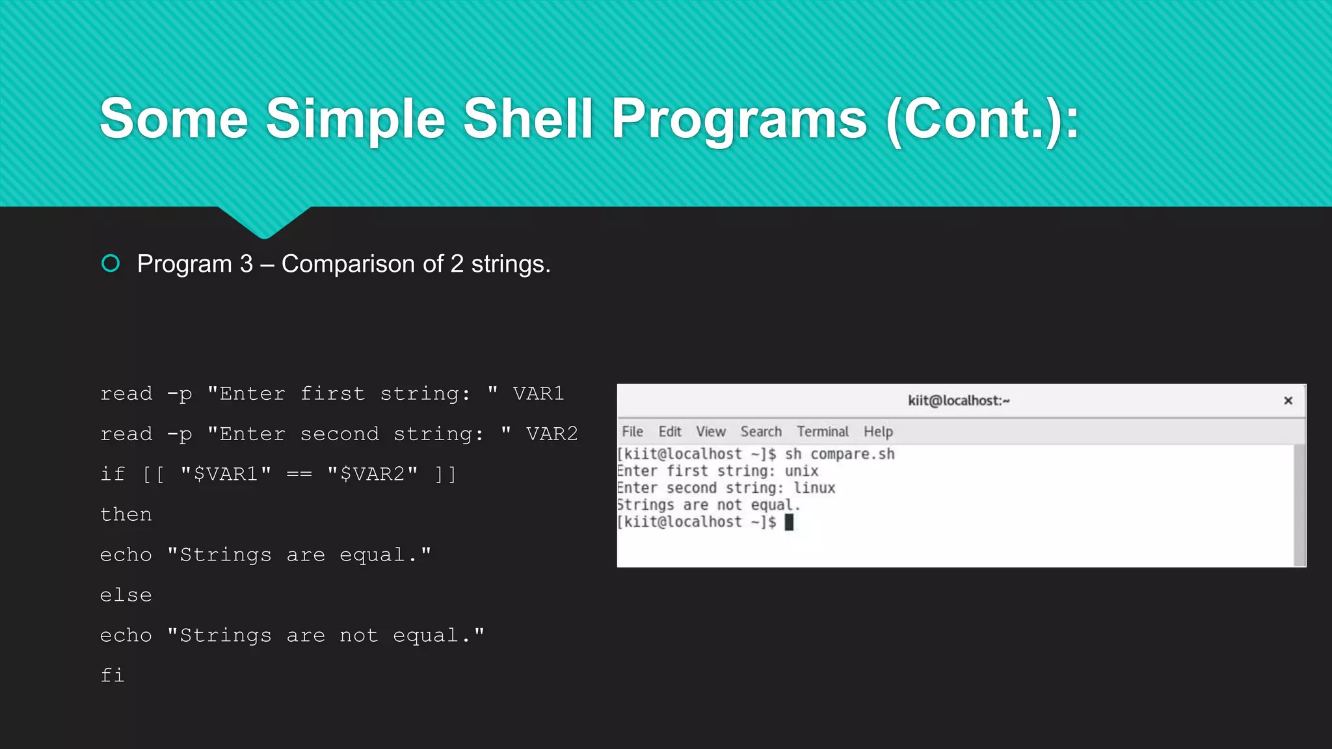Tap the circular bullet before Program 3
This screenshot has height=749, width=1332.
pos(111,263)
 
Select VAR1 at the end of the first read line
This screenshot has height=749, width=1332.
pos(538,393)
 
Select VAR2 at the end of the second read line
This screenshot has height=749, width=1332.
pos(552,434)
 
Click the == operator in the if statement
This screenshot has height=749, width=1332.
pos(299,474)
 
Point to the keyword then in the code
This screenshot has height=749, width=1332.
pos(126,514)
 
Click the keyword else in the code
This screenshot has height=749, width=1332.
pos(126,595)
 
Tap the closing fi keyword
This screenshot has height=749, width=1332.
pos(112,675)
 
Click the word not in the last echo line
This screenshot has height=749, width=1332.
pos(358,635)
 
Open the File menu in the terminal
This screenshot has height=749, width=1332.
pos(632,432)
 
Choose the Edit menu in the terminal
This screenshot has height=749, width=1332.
pos(669,432)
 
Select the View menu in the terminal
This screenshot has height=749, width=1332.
pos(710,432)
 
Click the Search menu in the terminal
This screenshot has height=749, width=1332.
pos(760,432)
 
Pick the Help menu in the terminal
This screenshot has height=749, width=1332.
pos(878,432)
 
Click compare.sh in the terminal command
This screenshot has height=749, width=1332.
pos(852,454)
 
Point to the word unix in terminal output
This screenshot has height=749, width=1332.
pos(801,471)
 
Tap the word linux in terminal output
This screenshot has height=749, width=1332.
pos(814,488)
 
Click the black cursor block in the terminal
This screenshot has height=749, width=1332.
pos(789,522)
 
